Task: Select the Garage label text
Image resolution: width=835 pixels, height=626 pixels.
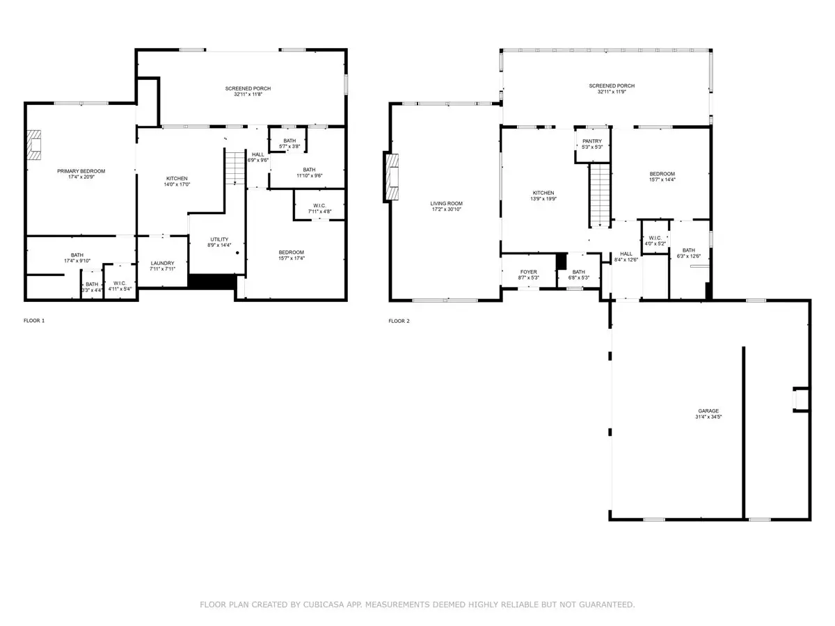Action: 708,411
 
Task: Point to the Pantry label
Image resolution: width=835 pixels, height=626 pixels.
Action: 592,141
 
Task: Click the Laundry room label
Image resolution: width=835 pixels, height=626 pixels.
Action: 162,263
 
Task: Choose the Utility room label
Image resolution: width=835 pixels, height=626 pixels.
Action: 219,239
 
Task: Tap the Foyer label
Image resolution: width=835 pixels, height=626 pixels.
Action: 528,272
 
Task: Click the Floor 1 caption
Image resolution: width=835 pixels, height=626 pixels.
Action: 34,321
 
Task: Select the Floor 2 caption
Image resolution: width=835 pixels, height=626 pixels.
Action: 399,321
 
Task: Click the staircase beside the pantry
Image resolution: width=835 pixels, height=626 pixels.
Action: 600,195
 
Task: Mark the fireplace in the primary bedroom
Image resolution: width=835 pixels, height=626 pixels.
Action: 34,145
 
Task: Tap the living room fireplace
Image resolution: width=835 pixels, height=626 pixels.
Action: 392,177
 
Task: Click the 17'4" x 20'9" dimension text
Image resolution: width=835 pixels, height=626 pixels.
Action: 81,177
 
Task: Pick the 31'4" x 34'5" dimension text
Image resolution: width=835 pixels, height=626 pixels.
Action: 708,417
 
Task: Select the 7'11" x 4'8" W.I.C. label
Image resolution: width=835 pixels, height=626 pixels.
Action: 319,209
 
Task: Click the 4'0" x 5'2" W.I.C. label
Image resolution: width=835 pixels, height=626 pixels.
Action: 655,241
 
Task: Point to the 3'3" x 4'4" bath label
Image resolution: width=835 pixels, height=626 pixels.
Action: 92,287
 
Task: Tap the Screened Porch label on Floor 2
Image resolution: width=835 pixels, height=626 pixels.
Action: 612,86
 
